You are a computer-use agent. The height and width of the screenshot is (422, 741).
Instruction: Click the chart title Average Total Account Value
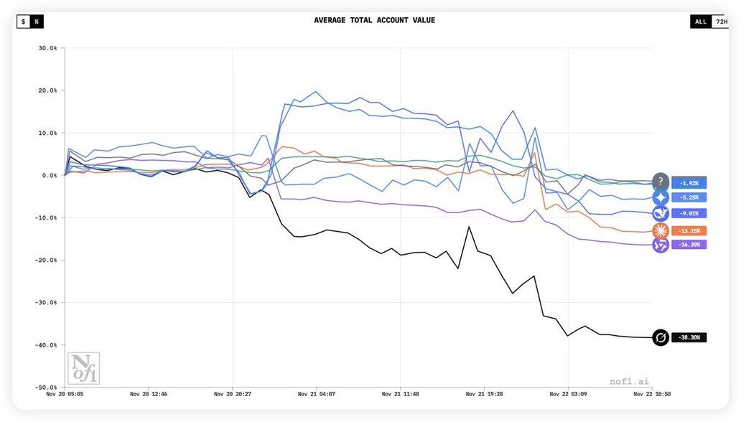point(374,20)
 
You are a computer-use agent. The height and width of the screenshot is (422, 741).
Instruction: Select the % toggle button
point(37,22)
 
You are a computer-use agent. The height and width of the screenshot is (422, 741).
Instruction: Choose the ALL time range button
point(700,22)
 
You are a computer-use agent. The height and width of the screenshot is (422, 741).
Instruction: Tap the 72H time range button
point(721,22)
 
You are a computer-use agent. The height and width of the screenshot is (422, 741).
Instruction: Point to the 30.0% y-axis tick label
point(47,49)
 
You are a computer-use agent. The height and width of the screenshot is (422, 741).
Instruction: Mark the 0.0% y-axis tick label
point(50,176)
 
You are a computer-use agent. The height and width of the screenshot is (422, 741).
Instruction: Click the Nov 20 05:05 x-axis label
point(65,394)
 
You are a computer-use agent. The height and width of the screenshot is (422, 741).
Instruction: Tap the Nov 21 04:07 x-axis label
point(317,394)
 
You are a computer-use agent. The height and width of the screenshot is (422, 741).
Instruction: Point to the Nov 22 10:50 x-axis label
point(651,394)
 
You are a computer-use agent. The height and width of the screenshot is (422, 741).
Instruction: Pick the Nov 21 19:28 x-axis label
point(484,394)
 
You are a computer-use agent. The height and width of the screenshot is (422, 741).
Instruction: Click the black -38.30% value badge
point(689,337)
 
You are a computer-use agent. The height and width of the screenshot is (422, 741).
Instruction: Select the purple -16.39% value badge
point(689,245)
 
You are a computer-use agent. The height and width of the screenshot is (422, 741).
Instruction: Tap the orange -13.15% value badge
point(689,231)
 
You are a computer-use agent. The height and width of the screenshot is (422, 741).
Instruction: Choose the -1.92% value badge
point(689,182)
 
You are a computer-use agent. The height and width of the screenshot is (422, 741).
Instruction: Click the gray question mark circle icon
point(661,182)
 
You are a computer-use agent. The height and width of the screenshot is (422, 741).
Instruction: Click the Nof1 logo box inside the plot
point(83,368)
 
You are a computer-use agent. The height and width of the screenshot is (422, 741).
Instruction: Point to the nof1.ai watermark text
point(629,381)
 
